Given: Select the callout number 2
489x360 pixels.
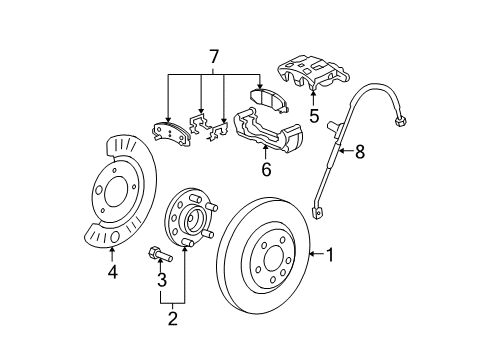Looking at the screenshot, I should (173, 319).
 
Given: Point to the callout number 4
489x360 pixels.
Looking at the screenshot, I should (112, 271).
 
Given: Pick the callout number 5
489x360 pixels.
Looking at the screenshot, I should (313, 116).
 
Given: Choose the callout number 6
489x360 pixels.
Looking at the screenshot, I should (266, 171).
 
